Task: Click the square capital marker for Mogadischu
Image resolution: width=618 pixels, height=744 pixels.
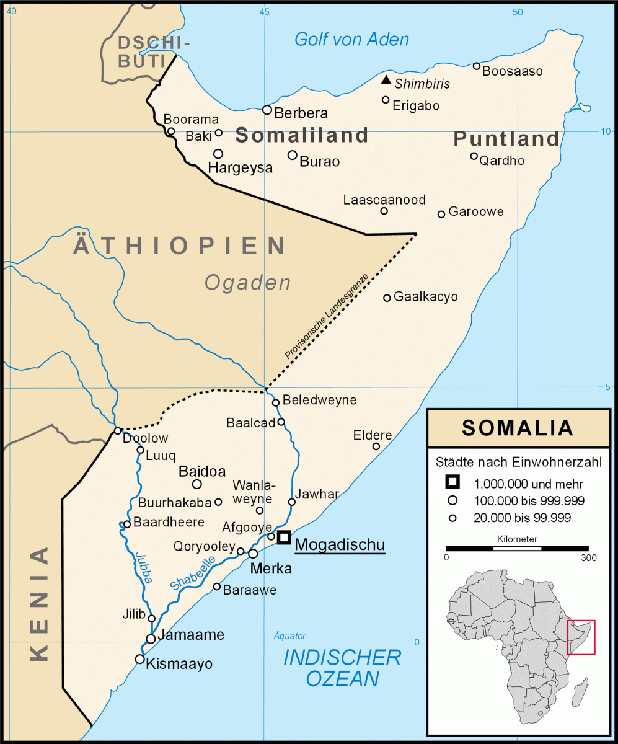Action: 284,538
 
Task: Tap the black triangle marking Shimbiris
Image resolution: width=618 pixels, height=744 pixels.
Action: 386,80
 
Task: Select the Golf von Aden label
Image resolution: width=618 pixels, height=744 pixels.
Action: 351,40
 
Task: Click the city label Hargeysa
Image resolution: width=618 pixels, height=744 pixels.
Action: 240,168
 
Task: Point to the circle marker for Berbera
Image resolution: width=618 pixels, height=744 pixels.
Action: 267,110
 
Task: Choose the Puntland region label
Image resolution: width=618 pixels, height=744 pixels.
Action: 506,138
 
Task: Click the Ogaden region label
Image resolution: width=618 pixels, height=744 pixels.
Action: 247,283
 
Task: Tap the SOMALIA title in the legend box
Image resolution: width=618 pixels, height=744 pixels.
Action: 518,428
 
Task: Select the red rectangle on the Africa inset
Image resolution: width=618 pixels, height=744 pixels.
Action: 581,637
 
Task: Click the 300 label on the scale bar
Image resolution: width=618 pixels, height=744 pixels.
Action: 588,558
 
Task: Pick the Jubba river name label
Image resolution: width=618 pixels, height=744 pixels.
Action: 141,567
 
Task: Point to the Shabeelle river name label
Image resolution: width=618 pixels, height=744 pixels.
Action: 193,573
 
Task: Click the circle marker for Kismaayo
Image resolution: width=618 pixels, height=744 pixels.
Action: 140,659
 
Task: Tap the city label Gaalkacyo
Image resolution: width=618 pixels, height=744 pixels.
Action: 426,297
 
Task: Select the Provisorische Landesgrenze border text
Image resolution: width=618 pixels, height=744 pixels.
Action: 327,316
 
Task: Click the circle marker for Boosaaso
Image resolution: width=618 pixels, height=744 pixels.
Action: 477,66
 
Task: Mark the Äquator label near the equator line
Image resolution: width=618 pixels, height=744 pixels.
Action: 289,636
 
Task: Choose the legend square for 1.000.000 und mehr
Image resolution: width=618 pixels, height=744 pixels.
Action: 453,482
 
